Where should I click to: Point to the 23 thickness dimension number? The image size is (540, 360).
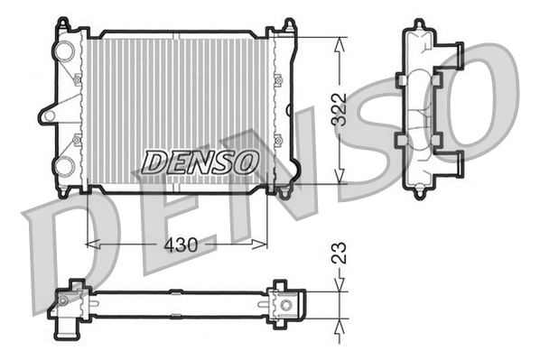[x=340, y=252]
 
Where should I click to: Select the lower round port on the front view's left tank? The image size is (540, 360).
[x=64, y=165]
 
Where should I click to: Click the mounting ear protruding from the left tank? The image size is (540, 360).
[x=47, y=115]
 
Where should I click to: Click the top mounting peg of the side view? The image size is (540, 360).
[x=419, y=24]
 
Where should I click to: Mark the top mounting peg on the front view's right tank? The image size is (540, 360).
[x=287, y=25]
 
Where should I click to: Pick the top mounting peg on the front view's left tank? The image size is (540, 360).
[x=61, y=23]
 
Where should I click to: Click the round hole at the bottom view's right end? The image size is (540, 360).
[x=287, y=305]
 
